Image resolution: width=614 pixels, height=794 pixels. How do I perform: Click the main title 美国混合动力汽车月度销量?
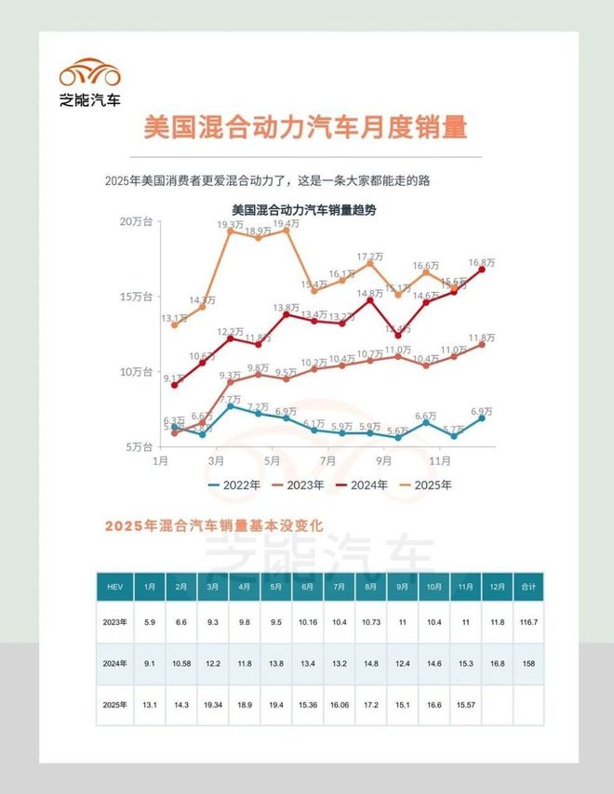click(305, 128)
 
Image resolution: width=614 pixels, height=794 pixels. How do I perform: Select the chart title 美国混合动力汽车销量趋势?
click(303, 210)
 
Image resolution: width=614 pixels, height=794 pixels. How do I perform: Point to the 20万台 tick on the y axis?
click(138, 221)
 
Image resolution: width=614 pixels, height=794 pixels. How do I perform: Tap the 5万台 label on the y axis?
click(141, 446)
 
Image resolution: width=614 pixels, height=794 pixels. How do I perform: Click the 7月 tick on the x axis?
click(327, 461)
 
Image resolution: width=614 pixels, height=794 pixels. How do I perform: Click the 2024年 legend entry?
click(365, 485)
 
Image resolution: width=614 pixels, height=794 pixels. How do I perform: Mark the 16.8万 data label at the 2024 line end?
click(481, 263)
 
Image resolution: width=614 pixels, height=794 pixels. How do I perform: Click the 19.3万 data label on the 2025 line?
click(231, 225)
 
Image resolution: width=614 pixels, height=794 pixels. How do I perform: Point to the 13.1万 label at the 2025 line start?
click(173, 318)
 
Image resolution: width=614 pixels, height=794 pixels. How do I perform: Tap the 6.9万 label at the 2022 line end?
click(481, 411)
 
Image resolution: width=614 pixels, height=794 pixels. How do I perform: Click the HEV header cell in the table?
click(114, 587)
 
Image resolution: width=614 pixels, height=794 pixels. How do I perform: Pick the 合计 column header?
click(527, 587)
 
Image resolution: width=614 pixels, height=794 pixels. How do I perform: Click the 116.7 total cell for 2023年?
click(527, 621)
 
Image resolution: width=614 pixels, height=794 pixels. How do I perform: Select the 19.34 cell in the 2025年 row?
click(212, 705)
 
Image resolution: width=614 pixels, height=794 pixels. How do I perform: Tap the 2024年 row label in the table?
click(114, 663)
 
